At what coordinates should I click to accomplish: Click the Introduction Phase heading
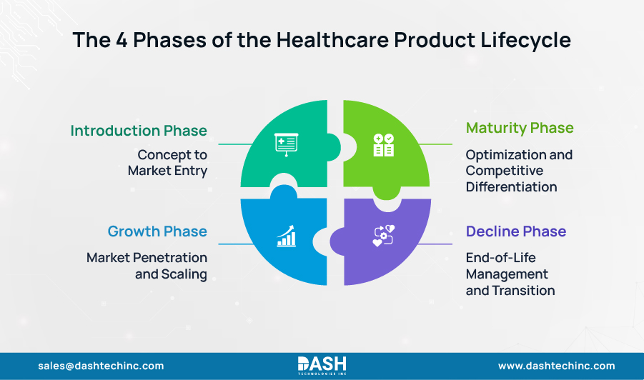click(x=139, y=131)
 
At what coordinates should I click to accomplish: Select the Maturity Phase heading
click(x=520, y=128)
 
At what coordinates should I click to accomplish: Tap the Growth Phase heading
click(x=157, y=231)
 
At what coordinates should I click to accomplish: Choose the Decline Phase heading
click(x=516, y=231)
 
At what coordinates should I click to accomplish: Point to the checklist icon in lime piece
click(x=383, y=144)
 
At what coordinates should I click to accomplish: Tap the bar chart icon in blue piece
click(x=286, y=236)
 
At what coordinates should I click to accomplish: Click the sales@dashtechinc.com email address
click(x=101, y=366)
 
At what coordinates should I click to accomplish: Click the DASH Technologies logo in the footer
click(x=322, y=365)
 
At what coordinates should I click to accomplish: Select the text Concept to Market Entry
click(x=168, y=163)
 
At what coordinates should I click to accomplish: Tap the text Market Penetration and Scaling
click(x=147, y=265)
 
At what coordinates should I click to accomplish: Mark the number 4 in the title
click(x=122, y=40)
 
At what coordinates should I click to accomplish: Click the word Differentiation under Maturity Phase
click(x=511, y=187)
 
